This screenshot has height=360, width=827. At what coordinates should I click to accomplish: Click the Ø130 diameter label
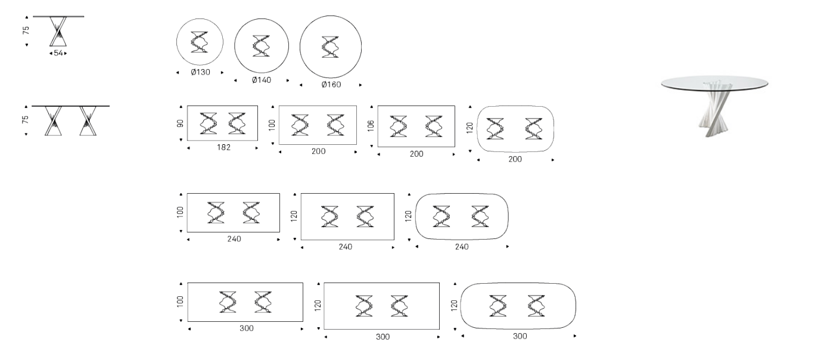point(200,72)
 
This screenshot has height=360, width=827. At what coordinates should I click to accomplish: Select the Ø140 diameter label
point(262,80)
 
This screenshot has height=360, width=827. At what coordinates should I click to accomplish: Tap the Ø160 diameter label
point(331,85)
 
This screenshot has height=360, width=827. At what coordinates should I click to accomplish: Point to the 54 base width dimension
point(58,53)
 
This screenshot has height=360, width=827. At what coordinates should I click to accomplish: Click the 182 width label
point(224,148)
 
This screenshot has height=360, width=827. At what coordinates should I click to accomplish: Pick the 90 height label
point(180,123)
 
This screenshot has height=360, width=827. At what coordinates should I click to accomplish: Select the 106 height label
point(371,126)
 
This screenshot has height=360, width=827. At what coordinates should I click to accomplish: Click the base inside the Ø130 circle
point(200,42)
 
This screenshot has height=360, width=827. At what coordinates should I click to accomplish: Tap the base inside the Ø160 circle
point(331,47)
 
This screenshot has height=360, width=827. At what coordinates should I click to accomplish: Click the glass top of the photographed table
point(714,83)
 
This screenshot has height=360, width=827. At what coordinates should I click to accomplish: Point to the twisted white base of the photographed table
point(715,109)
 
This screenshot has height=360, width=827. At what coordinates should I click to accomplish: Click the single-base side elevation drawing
point(58,31)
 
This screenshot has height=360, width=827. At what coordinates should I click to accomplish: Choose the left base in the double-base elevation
point(53,121)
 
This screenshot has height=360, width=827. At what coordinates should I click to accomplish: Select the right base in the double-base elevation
point(88,121)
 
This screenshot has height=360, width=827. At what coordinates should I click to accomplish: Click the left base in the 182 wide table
point(208,123)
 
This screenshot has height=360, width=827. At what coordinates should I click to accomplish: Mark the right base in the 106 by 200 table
point(433,126)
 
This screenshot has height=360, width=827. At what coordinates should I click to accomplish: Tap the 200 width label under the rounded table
point(515,160)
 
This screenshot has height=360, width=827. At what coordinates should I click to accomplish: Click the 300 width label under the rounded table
point(520,336)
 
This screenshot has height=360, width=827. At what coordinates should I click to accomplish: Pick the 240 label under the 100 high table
point(234,239)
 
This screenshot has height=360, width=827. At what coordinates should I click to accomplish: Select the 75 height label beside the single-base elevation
point(26,30)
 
